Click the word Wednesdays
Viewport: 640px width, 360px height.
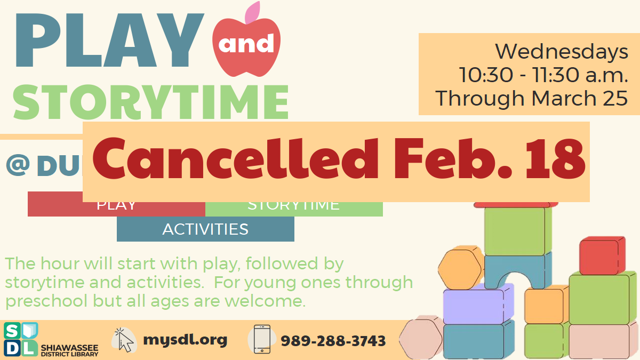[x=561, y=52]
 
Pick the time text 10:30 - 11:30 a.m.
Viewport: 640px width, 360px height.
[x=543, y=75]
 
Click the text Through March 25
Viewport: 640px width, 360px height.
[x=531, y=98]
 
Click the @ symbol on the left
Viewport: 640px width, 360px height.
[x=18, y=165]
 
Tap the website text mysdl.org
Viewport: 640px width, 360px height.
[x=185, y=339]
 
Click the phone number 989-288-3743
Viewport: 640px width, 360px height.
[x=333, y=341]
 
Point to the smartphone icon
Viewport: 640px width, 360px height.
[x=262, y=339]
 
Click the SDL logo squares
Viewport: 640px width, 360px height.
[x=20, y=339]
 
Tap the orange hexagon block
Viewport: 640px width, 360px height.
[x=460, y=268]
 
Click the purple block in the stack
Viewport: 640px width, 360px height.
[x=474, y=306]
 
